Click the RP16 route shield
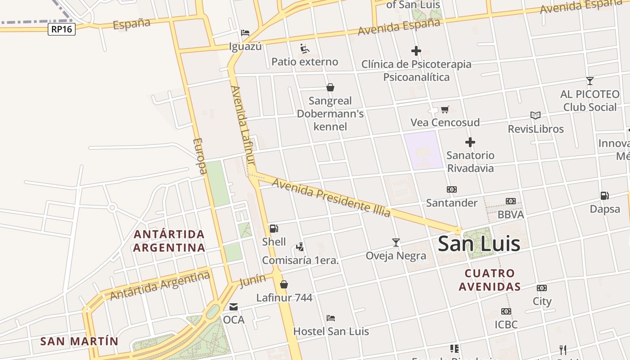coord(62,29)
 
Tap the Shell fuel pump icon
coord(274,229)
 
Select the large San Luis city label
coord(479,244)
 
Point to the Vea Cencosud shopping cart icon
coord(445,109)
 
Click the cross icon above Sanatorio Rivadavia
coord(470,143)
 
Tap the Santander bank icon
coord(451,189)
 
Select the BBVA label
coord(511,215)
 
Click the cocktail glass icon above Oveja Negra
coord(396,243)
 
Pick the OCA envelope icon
coord(234,307)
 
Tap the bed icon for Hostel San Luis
coord(331,318)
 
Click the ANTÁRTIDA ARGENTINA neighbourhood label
coord(169,241)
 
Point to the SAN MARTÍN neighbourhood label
coord(79,341)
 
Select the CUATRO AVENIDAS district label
coord(490,279)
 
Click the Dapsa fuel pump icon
coord(604,196)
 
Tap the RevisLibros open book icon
coord(535,116)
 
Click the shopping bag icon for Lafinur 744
coord(284,284)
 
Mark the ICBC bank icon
coord(506,311)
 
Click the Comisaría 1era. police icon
coord(300,247)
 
